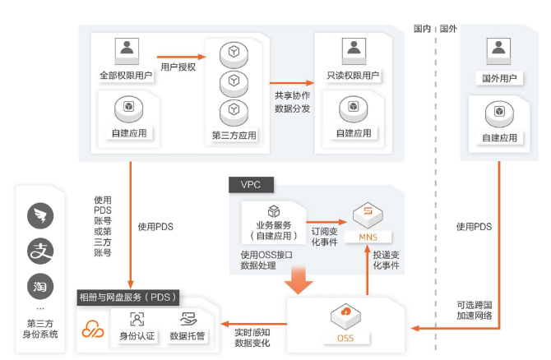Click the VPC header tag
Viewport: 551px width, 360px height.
[251, 184]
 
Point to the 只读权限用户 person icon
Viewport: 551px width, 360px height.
[353, 51]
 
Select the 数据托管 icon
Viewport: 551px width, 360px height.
[188, 319]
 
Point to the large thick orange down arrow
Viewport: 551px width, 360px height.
[302, 282]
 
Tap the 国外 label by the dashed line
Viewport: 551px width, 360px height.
[449, 28]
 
